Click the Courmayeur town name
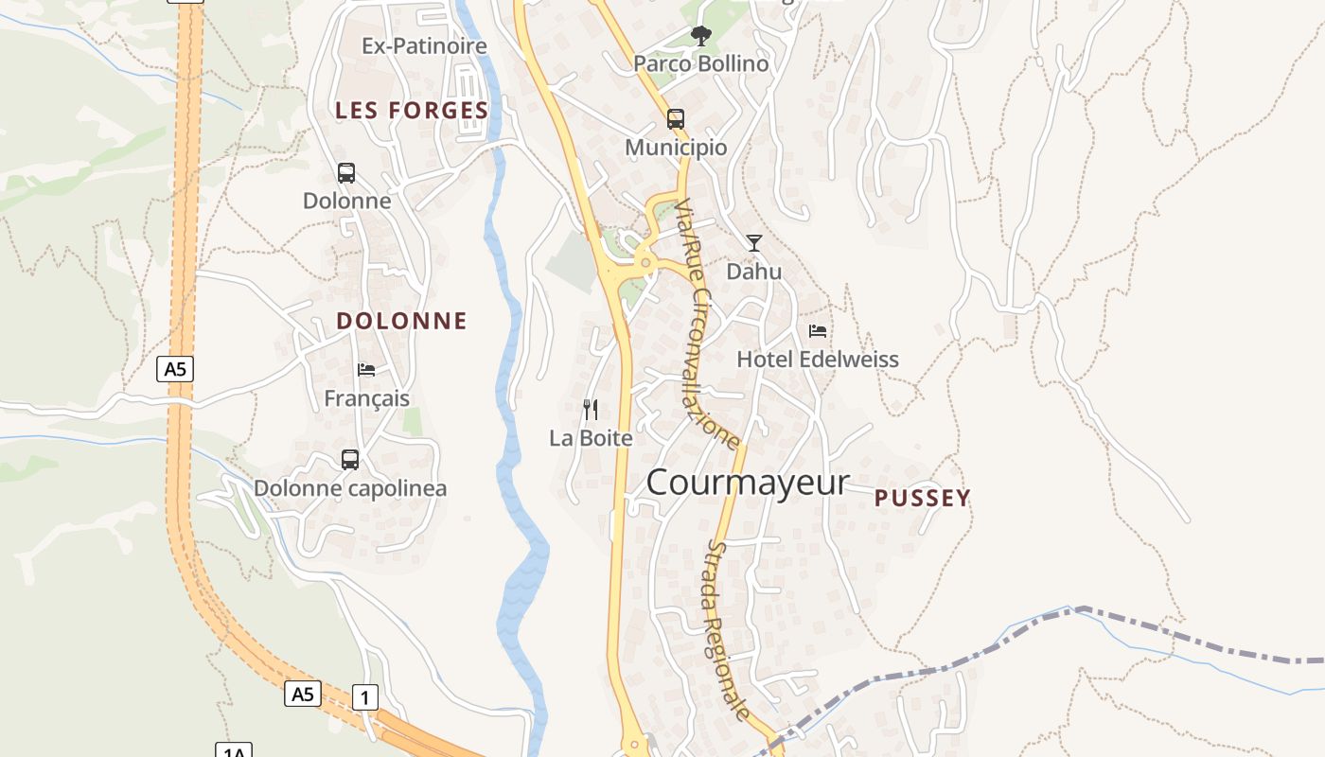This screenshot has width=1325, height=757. click(748, 483)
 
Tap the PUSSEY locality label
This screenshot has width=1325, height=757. click(923, 499)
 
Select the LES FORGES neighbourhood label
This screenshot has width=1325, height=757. click(412, 111)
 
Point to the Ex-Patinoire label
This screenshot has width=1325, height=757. click(424, 45)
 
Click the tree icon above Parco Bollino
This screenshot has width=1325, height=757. click(700, 37)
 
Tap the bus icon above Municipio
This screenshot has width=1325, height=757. click(675, 119)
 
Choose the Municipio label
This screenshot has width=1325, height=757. click(676, 148)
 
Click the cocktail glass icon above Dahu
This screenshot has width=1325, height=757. click(753, 243)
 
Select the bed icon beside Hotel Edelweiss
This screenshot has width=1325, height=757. click(818, 331)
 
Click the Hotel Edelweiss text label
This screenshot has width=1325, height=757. click(818, 360)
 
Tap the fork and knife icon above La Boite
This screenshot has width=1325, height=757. click(591, 410)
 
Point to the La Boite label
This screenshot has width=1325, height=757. click(591, 438)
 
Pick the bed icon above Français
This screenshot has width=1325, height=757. click(366, 369)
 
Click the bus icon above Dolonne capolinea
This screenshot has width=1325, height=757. click(350, 460)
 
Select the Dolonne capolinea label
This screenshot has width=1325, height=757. click(350, 488)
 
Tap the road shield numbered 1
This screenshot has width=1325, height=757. click(365, 697)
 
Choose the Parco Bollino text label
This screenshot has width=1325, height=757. click(700, 64)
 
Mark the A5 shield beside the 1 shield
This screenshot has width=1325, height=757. click(302, 694)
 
